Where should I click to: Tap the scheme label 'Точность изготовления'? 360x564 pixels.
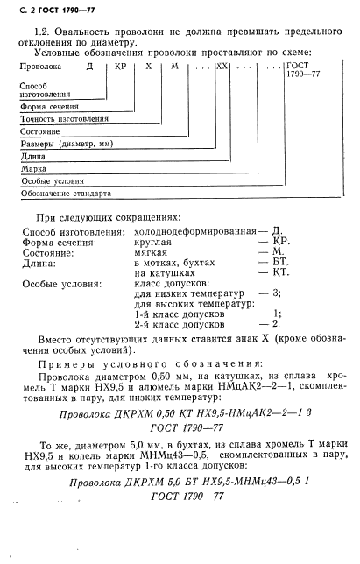pos(65,118)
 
